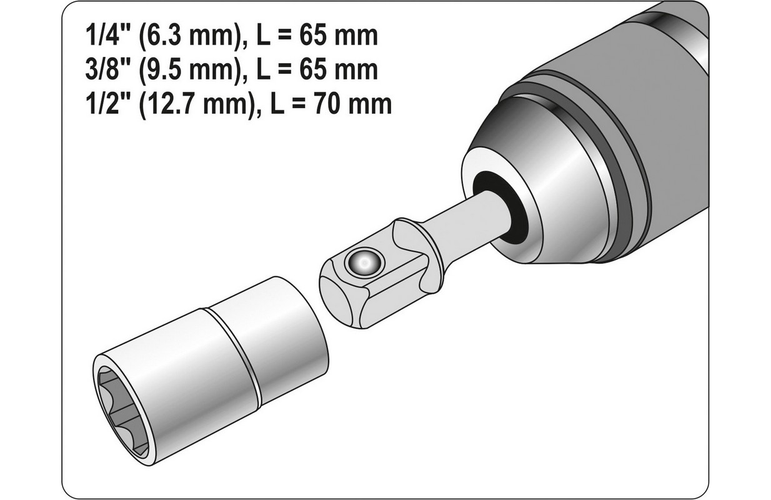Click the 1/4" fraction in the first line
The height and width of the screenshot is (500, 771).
[x=102, y=37]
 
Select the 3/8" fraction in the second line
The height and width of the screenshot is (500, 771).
[x=102, y=71]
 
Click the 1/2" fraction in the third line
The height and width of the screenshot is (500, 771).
[x=102, y=104]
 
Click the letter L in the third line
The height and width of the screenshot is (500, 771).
[x=278, y=104]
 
